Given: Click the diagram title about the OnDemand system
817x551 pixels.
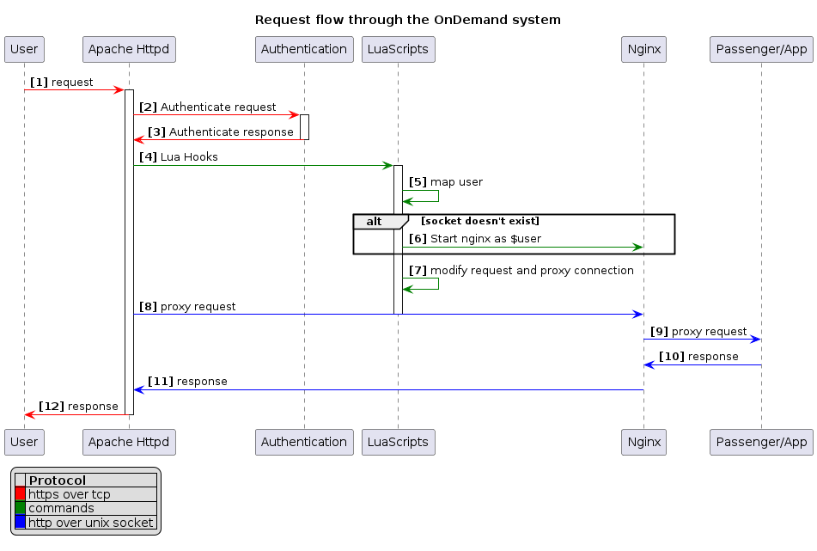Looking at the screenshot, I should click(408, 20).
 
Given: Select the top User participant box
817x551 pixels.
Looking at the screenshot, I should click(24, 49).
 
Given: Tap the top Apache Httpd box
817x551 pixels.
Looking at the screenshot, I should click(129, 49).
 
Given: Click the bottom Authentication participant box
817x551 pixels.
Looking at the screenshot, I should click(303, 442).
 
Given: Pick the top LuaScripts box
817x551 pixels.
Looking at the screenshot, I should click(398, 49).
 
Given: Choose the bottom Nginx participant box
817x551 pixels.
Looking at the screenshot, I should click(643, 442).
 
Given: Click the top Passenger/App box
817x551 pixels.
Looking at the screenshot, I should click(761, 49).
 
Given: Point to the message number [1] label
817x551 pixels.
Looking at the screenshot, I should click(39, 82).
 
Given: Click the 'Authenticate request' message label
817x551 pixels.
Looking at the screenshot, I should click(218, 107).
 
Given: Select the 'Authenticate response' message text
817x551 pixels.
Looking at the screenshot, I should click(231, 132).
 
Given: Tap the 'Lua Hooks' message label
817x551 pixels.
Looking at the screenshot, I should click(189, 157).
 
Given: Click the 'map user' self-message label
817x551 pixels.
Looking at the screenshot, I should click(456, 182).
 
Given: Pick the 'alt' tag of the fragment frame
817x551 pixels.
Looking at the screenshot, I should click(375, 222).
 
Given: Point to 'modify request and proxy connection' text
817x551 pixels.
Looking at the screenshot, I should click(532, 271).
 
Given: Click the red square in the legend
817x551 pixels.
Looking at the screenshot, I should click(20, 494).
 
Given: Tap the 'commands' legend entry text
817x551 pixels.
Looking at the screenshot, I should click(61, 508).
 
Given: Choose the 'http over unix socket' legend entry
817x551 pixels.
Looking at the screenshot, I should click(90, 522).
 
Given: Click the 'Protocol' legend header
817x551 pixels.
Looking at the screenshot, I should click(58, 481).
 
